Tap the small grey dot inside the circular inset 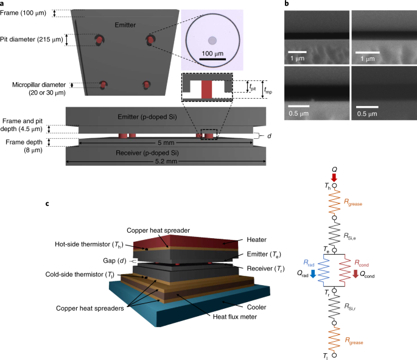pos(212,41)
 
